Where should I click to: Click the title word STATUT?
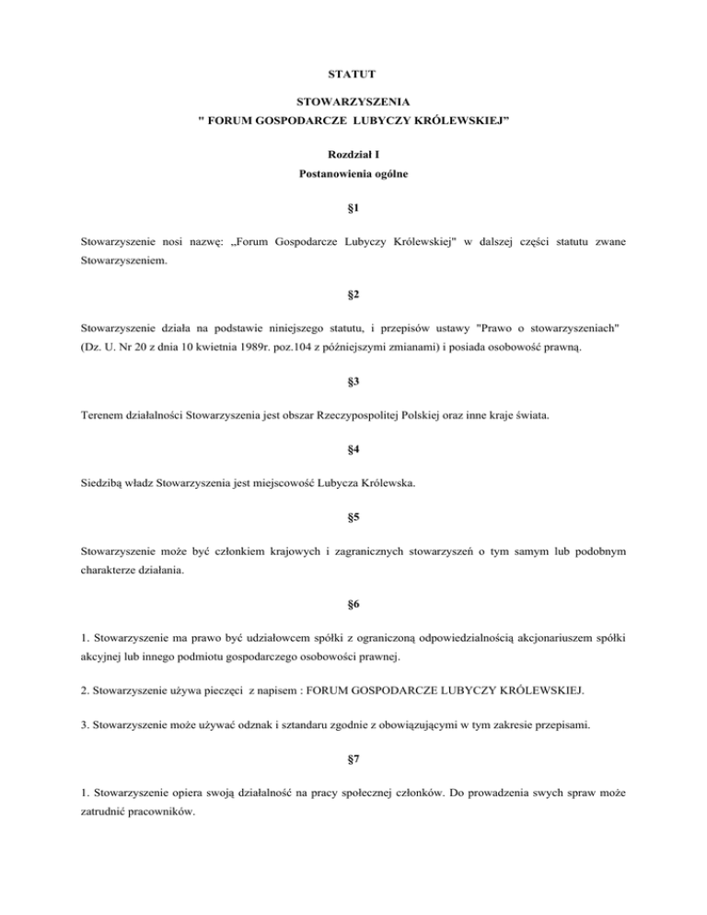pos(353,71)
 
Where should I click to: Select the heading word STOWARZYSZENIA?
pos(353,105)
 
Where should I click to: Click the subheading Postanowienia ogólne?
pos(353,174)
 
